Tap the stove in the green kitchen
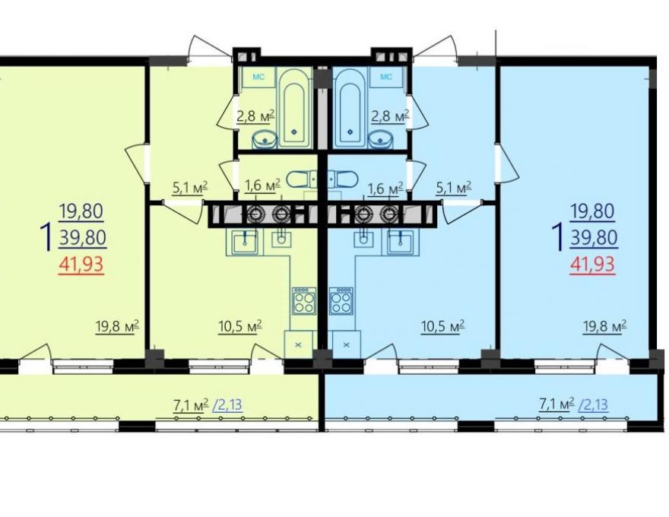[304, 301]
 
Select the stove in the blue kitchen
[341, 301]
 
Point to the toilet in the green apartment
[302, 179]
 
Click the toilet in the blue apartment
[342, 179]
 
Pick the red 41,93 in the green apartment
[81, 265]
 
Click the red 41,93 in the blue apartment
[593, 265]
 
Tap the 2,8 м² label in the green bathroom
[255, 116]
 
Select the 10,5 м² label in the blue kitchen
[442, 327]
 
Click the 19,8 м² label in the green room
[117, 327]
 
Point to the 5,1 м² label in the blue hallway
[453, 188]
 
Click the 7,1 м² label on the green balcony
[191, 404]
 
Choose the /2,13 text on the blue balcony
[594, 404]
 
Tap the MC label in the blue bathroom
[385, 78]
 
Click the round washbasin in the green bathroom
[265, 139]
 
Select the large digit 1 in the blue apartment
[559, 238]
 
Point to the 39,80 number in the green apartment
[83, 238]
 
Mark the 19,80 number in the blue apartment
[593, 211]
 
